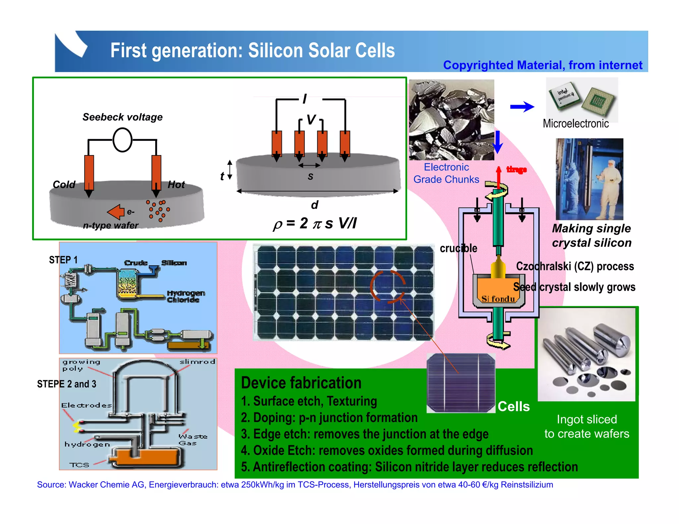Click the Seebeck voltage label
[122, 117]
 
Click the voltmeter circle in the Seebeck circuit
[122, 140]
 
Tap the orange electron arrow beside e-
[116, 212]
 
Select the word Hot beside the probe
[176, 184]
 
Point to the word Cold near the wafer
[64, 184]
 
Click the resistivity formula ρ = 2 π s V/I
[314, 224]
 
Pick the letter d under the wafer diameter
[315, 205]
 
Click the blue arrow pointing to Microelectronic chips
[522, 107]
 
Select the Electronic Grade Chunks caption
[446, 173]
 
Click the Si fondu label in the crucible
[498, 299]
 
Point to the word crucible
[458, 248]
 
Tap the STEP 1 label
[63, 260]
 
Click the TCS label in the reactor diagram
[79, 465]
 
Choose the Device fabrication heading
[301, 383]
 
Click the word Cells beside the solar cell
[514, 406]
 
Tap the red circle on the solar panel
[387, 287]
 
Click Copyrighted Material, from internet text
[542, 65]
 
